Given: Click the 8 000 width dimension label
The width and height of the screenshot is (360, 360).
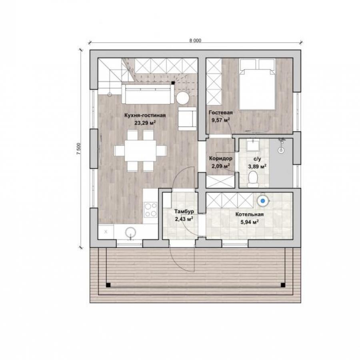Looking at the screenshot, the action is (195, 41).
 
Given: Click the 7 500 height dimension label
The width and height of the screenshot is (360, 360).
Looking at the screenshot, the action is (79, 148).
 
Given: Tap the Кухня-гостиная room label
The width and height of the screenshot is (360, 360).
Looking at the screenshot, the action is (145, 115).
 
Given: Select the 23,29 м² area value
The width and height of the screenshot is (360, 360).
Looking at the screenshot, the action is (145, 123).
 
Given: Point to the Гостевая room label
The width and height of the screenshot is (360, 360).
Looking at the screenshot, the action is (221, 112).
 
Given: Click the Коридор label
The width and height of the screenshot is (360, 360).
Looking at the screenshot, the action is (220, 158).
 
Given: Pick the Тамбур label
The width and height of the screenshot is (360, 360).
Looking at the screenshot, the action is (184, 212).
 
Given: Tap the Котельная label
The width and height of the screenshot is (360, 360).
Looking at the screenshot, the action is (249, 214).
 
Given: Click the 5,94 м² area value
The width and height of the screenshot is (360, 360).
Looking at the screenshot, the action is (250, 222).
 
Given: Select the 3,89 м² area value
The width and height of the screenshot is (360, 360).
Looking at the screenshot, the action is (257, 166).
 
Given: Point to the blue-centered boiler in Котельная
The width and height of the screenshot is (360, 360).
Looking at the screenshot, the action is (263, 201).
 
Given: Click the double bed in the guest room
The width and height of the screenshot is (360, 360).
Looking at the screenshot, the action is (257, 84).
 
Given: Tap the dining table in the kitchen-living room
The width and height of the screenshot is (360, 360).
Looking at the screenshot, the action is (140, 151).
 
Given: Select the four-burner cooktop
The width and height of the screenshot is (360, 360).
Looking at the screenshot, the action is (151, 210).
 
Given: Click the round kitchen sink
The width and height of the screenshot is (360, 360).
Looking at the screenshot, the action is (131, 232).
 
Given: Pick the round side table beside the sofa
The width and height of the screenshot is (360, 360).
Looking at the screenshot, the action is (183, 98).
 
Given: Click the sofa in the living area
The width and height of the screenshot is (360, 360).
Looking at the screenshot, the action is (148, 94).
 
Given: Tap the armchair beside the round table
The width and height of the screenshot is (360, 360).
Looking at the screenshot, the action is (187, 118).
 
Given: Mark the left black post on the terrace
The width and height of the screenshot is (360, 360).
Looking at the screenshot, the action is (108, 285).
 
